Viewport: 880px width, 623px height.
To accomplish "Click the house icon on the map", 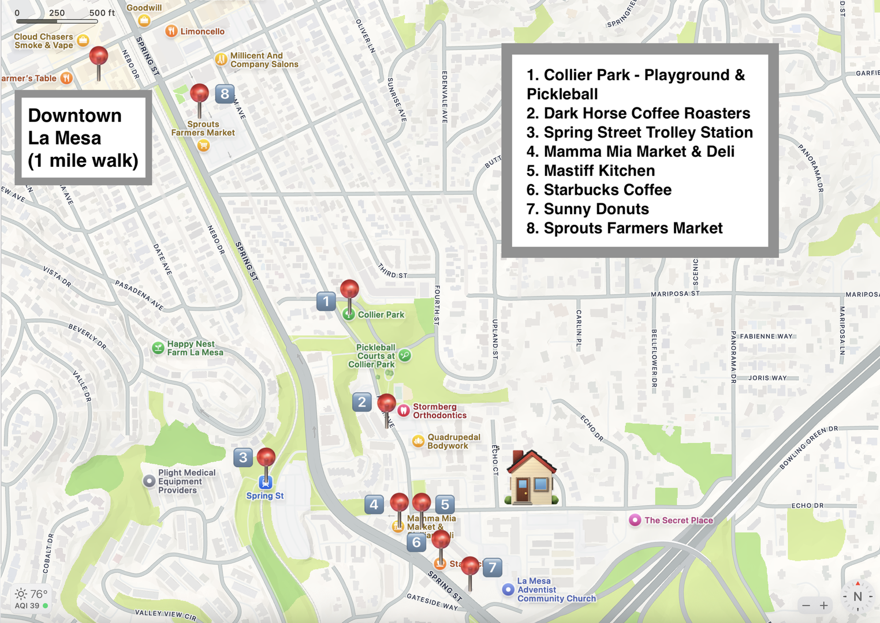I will pyautogui.click(x=531, y=478).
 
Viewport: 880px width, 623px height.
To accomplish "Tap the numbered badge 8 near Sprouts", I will pyautogui.click(x=225, y=93).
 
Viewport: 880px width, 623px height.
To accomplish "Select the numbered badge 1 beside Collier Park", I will pyautogui.click(x=326, y=301).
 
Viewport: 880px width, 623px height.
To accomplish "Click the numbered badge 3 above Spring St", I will pyautogui.click(x=243, y=457).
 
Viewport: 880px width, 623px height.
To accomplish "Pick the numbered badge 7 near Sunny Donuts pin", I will pyautogui.click(x=492, y=568).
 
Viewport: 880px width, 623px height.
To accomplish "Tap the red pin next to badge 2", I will pyautogui.click(x=386, y=404).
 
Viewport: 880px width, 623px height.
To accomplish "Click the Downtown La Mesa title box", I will pyautogui.click(x=83, y=138).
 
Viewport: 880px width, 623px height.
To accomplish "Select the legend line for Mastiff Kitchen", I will pyautogui.click(x=599, y=171).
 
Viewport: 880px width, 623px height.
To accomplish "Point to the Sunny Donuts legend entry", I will pyautogui.click(x=596, y=209).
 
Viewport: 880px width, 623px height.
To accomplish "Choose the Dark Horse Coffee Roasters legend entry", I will pyautogui.click(x=646, y=113).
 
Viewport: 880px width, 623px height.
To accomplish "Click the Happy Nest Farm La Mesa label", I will pyautogui.click(x=195, y=348).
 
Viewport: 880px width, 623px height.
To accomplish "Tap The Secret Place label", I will pyautogui.click(x=678, y=520).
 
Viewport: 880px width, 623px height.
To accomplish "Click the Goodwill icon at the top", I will pyautogui.click(x=144, y=21).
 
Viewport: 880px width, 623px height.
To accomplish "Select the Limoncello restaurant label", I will pyautogui.click(x=202, y=31).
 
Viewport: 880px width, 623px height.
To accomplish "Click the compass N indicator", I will pyautogui.click(x=857, y=597).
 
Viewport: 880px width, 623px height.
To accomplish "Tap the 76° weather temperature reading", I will pyautogui.click(x=38, y=594).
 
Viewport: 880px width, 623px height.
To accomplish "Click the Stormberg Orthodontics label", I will pyautogui.click(x=439, y=411).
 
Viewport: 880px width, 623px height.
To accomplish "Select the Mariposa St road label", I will pyautogui.click(x=674, y=294).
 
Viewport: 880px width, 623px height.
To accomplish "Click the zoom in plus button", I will pyautogui.click(x=824, y=605).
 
